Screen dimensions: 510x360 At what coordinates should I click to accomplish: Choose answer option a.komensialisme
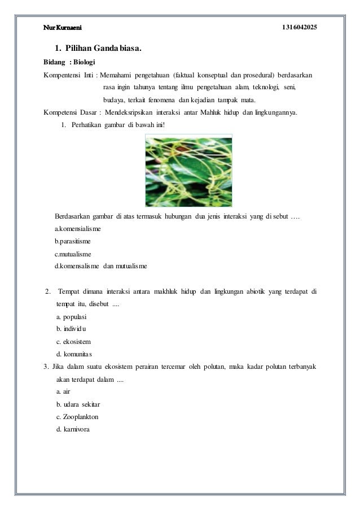pos(78,229)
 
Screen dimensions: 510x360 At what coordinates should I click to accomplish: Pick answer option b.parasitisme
pos(72,241)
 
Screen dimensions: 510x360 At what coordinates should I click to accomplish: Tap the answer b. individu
pos(72,329)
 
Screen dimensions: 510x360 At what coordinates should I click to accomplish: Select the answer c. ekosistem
pos(73,342)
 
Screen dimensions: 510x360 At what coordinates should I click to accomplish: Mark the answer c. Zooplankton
pos(77,416)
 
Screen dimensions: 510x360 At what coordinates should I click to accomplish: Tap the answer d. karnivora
pos(73,428)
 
